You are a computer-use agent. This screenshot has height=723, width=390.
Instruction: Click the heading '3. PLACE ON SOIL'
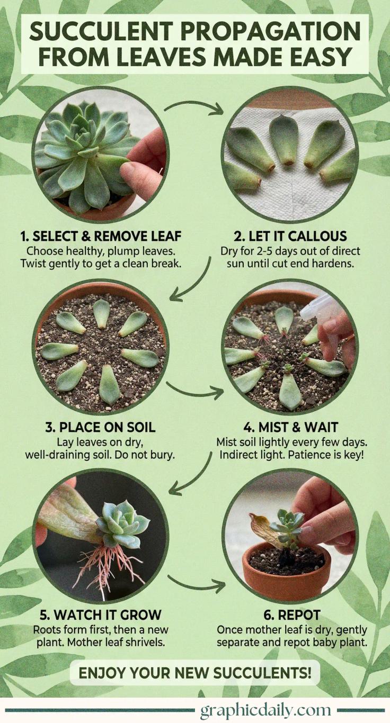click(100, 427)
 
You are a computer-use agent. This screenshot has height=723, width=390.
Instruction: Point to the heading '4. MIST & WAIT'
click(290, 427)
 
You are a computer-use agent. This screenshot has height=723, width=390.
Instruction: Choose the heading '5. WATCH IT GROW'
click(100, 615)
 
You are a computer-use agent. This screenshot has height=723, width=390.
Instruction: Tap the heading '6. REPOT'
click(291, 615)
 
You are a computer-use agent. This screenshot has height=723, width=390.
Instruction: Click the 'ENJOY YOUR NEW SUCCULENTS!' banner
click(194, 673)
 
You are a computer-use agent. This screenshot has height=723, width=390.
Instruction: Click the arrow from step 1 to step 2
click(194, 107)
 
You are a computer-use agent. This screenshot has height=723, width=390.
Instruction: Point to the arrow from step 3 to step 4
click(194, 390)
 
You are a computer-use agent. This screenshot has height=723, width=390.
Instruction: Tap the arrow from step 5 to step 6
click(196, 584)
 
